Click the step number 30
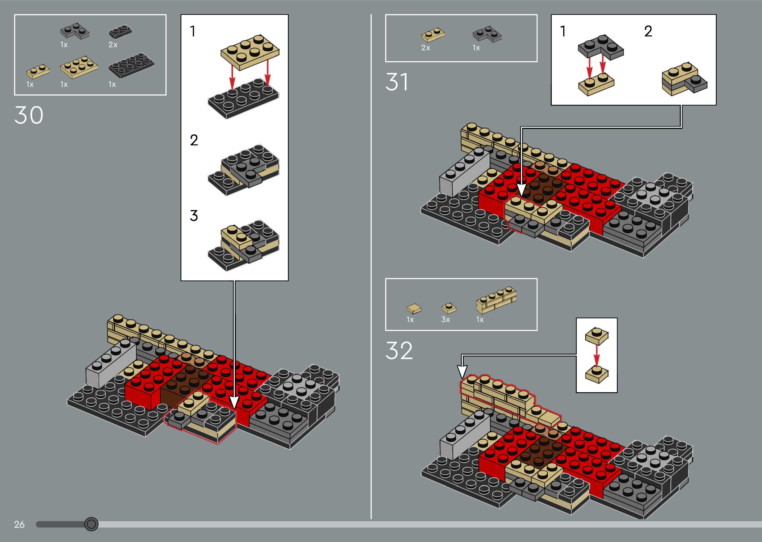click(29, 115)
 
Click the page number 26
click(19, 524)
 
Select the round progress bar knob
click(91, 524)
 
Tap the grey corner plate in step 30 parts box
click(75, 31)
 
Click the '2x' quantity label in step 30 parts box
click(113, 45)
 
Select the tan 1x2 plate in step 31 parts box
click(433, 35)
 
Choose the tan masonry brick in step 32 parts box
click(496, 300)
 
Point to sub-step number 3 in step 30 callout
click(194, 216)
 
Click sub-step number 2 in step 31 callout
click(648, 31)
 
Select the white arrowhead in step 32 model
click(462, 371)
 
